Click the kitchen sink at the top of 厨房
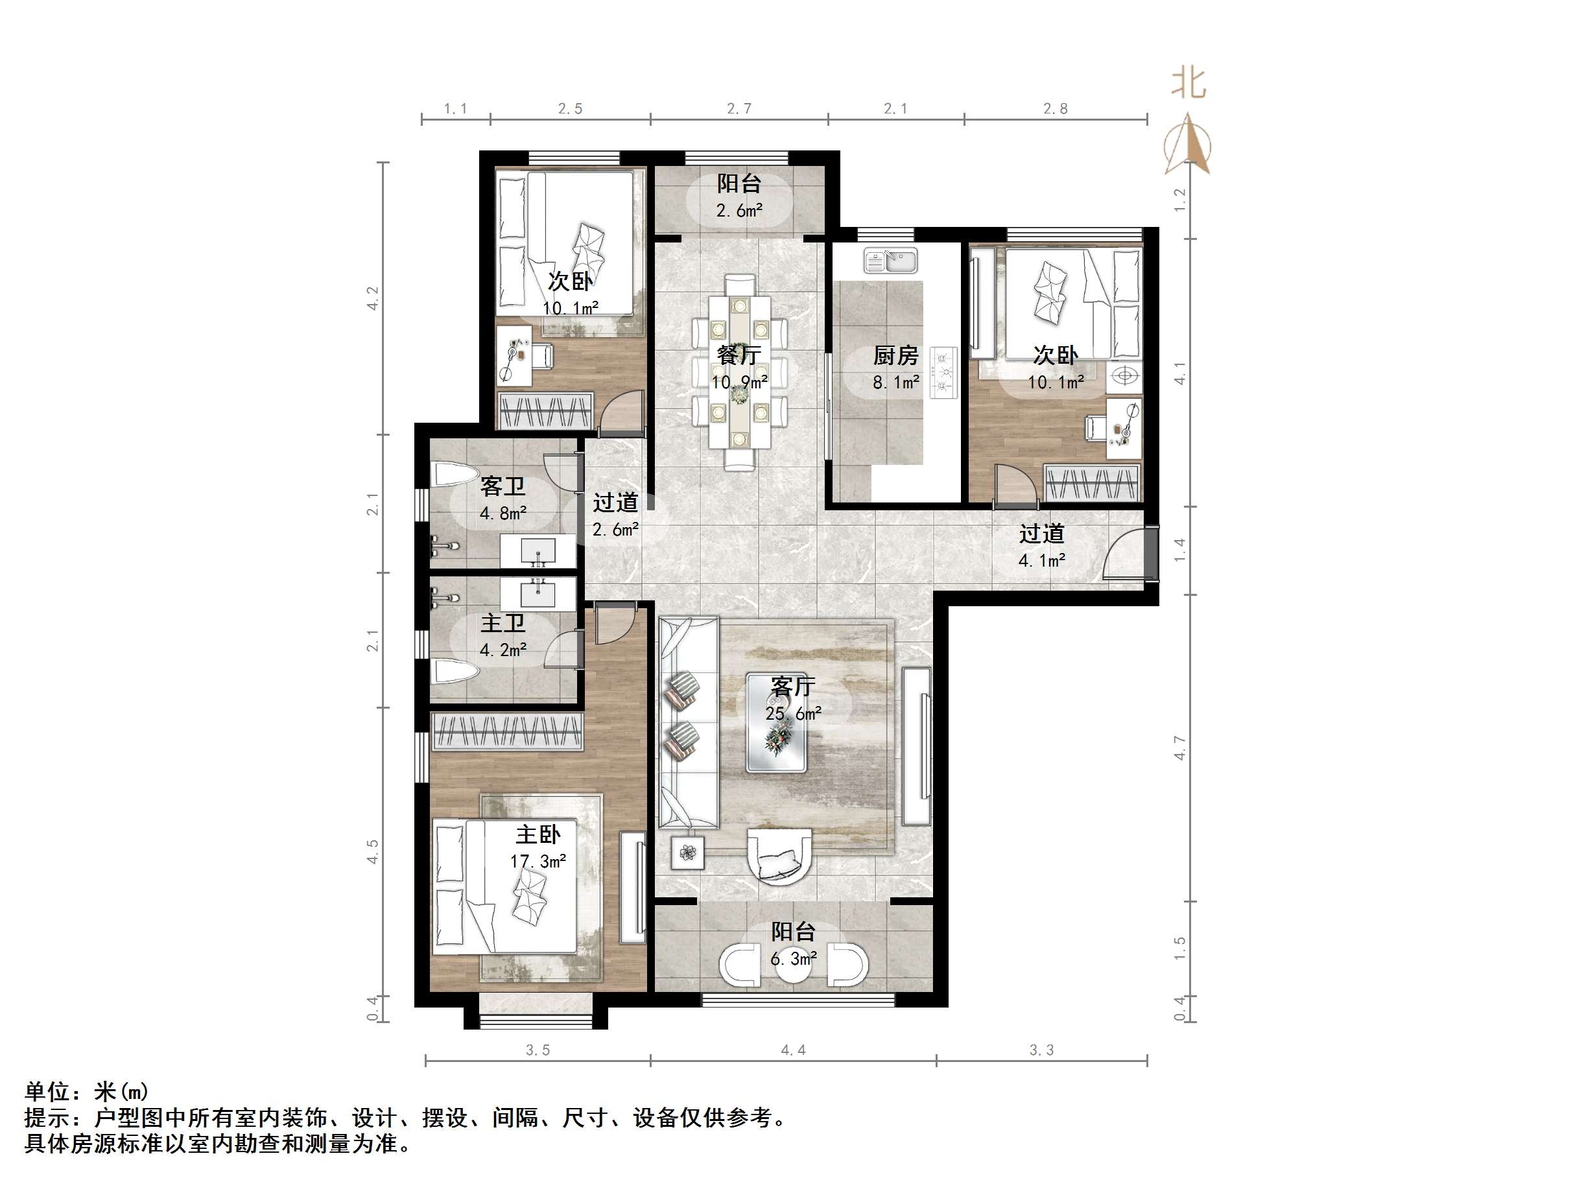pyautogui.click(x=890, y=261)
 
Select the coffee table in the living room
pyautogui.click(x=776, y=723)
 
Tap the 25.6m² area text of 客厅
pyautogui.click(x=794, y=713)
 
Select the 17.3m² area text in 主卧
pyautogui.click(x=538, y=862)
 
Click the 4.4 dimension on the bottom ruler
pyautogui.click(x=793, y=1050)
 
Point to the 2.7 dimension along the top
pyautogui.click(x=739, y=108)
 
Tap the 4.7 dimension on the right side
pyautogui.click(x=1180, y=748)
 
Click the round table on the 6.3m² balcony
pyautogui.click(x=794, y=965)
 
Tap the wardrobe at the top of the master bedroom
pyautogui.click(x=507, y=732)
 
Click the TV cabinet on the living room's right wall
pyautogui.click(x=917, y=746)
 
